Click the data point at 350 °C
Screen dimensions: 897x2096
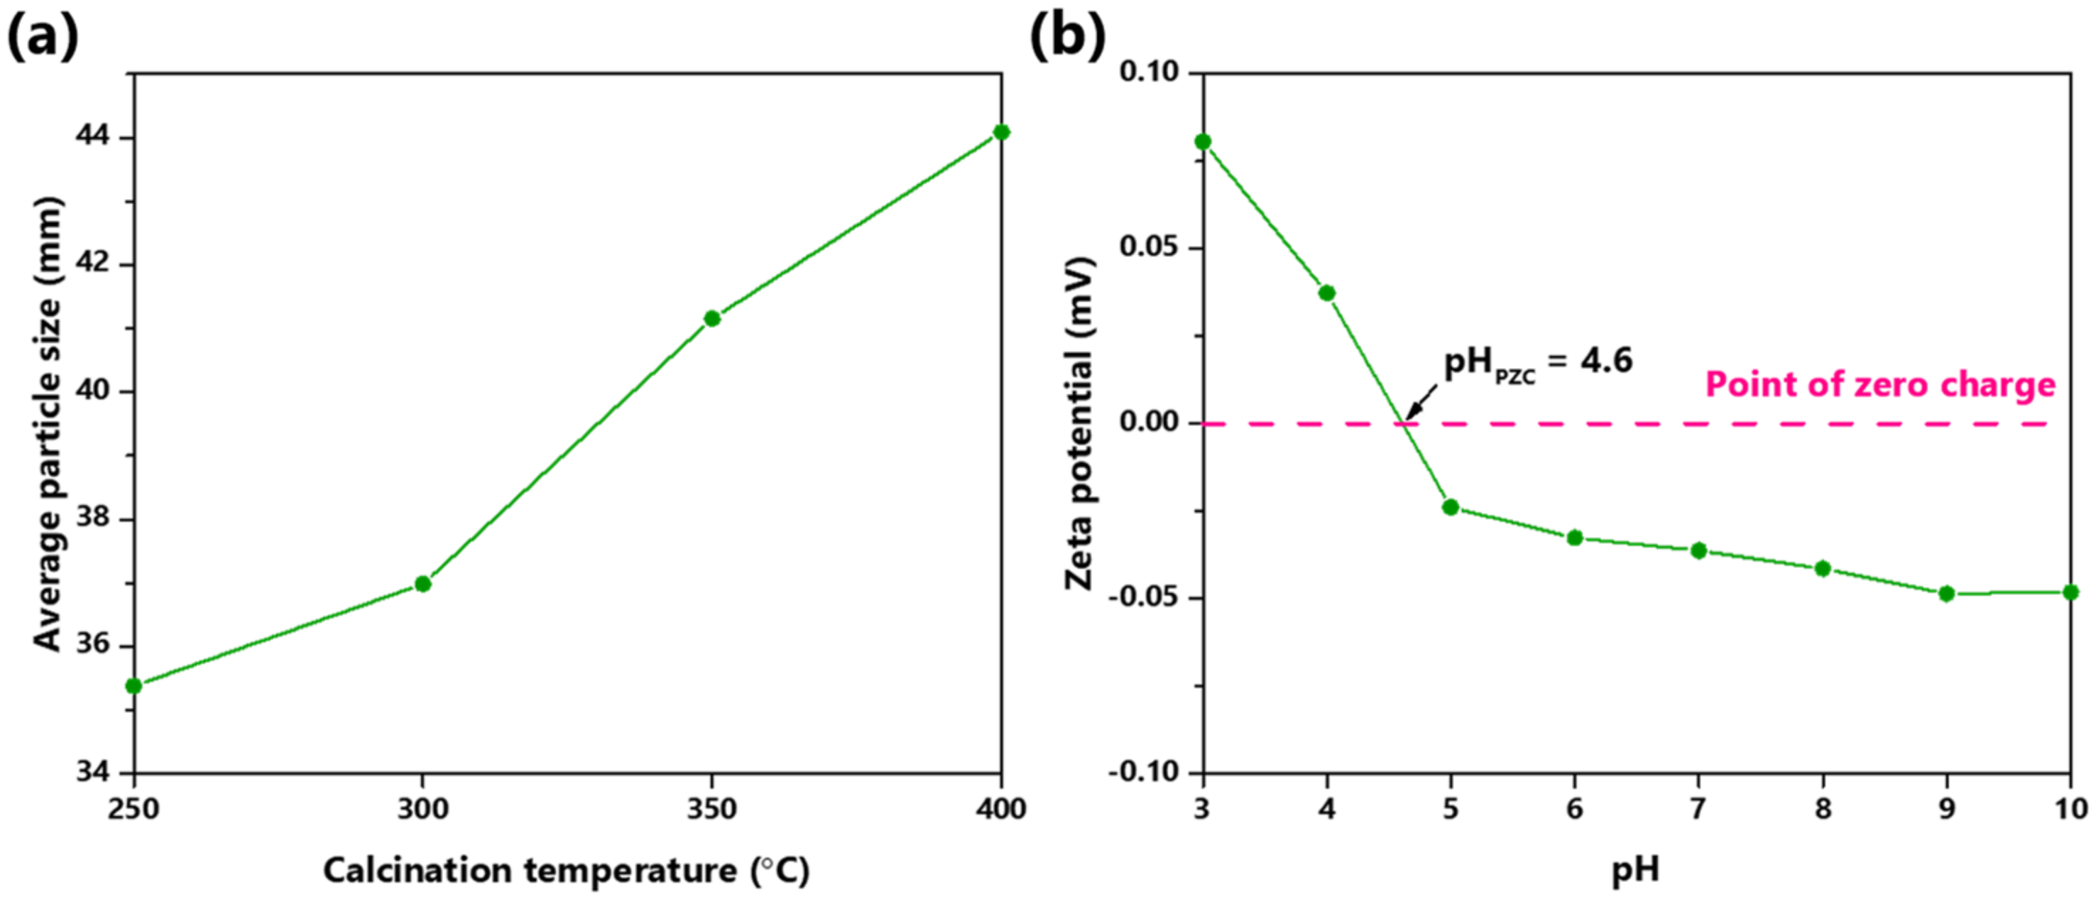pyautogui.click(x=712, y=318)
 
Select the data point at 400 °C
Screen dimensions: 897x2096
pyautogui.click(x=1002, y=132)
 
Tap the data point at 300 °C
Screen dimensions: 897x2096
pyautogui.click(x=422, y=584)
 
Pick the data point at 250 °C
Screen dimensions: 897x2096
pyautogui.click(x=134, y=686)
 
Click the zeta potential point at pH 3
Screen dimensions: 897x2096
pyautogui.click(x=1203, y=141)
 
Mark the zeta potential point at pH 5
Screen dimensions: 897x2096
pyautogui.click(x=1451, y=507)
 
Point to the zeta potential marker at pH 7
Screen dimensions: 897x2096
pyautogui.click(x=1699, y=551)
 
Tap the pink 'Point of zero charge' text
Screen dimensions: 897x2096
pyautogui.click(x=1879, y=385)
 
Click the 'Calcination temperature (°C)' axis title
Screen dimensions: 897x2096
pyautogui.click(x=567, y=871)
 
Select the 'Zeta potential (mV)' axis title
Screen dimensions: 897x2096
pyautogui.click(x=1081, y=423)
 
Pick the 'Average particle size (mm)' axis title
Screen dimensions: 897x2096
pyautogui.click(x=47, y=423)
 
